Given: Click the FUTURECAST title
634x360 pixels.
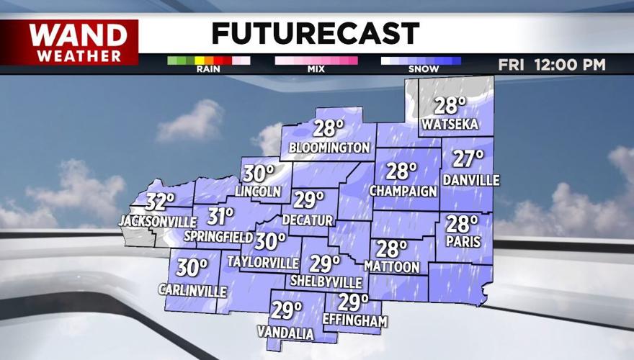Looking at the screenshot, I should point(316,34).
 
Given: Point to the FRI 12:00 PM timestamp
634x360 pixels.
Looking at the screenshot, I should point(552,65).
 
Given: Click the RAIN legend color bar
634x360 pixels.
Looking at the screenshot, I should point(208,60).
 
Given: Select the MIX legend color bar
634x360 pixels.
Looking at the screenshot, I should point(316,60).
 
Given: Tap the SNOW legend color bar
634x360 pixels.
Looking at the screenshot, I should point(421,60).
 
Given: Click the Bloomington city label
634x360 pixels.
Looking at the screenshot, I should point(329,148).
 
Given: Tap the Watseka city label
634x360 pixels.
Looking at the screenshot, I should point(450,125).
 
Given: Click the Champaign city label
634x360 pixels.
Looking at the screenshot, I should point(403,191).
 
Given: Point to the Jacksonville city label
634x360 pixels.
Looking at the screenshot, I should point(158,220).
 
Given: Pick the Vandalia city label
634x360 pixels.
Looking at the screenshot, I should point(286,333).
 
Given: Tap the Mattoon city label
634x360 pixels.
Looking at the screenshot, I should point(392,267).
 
